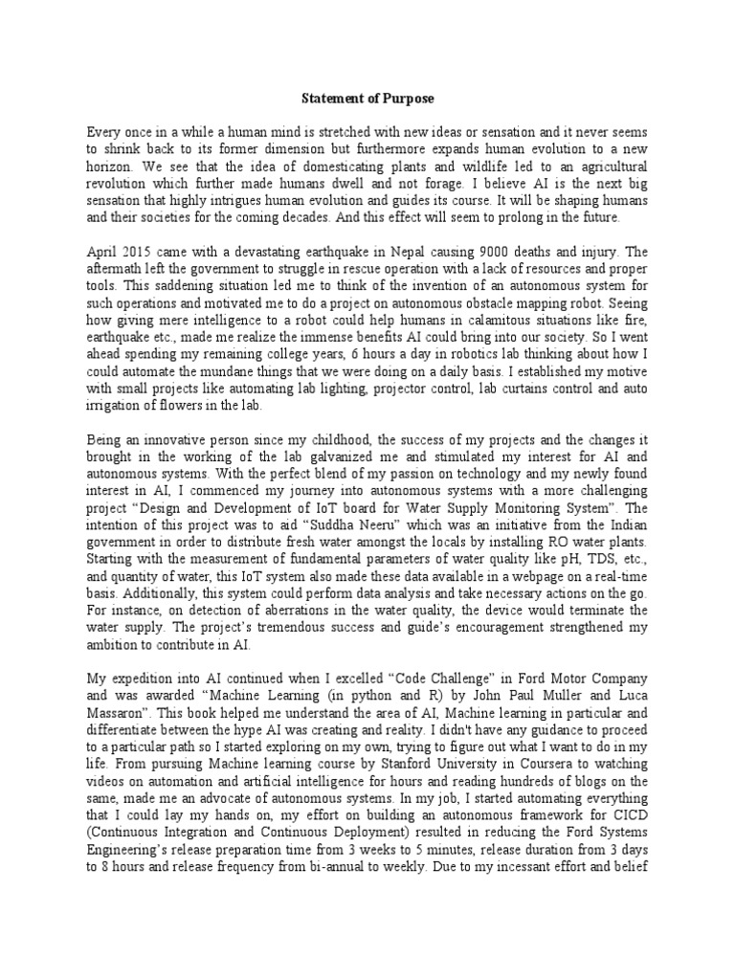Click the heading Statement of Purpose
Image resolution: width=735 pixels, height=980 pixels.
coord(367,97)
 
